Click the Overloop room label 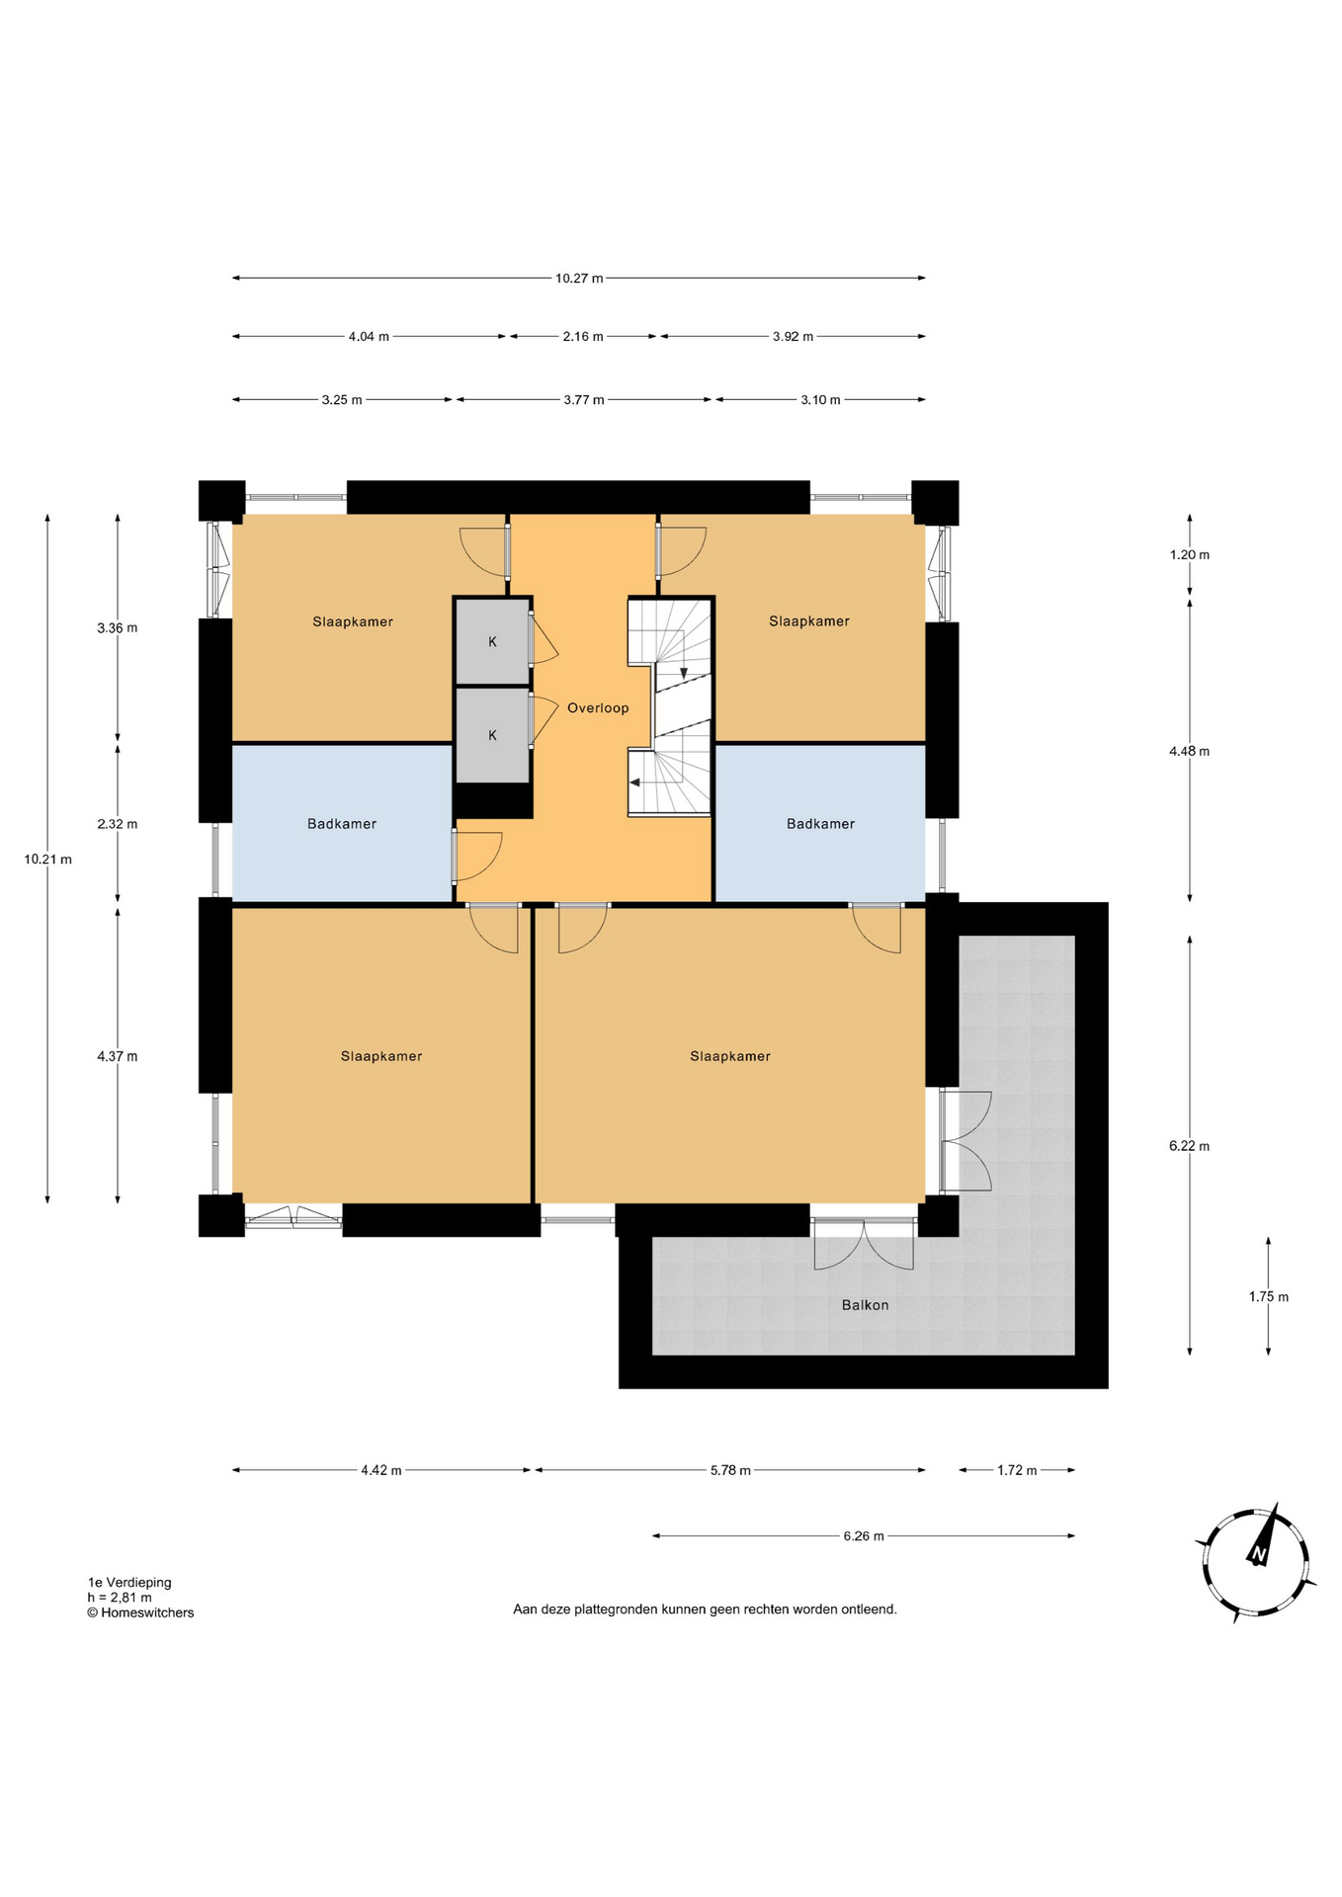tap(598, 707)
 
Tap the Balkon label tap(865, 1305)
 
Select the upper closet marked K tap(492, 641)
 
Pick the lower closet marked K tap(492, 735)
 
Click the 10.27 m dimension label tap(579, 279)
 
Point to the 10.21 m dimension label tap(48, 860)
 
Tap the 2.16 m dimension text tap(583, 337)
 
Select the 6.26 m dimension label tap(864, 1536)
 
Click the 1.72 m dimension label tap(1017, 1470)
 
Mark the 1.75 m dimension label tap(1269, 1297)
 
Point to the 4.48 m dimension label tap(1189, 752)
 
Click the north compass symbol tap(1256, 1563)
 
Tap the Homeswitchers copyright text tap(140, 1612)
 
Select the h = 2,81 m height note tap(120, 1598)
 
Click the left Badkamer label tap(342, 824)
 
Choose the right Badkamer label tap(820, 824)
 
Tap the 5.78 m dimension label tap(730, 1470)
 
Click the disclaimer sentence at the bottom tap(705, 1609)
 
